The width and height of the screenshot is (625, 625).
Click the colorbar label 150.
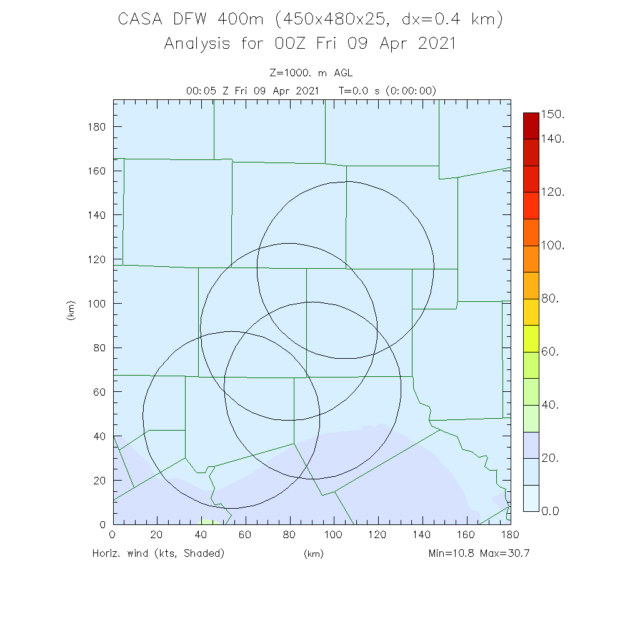point(552,114)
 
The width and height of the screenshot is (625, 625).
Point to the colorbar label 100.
point(552,246)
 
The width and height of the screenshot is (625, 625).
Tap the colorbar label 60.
point(550,352)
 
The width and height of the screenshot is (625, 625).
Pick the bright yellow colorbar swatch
point(531,338)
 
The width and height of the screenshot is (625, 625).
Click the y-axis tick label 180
point(96,127)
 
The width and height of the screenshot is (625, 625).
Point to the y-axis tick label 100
point(96,304)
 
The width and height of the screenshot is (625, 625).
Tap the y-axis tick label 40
point(99,436)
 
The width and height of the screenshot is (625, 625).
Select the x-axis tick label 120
point(378,535)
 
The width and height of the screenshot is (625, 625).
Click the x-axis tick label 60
point(246,535)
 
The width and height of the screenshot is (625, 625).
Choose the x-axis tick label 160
point(466,535)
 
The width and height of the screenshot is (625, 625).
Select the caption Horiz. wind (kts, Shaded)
point(158,553)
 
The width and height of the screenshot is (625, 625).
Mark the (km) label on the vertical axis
point(71,311)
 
